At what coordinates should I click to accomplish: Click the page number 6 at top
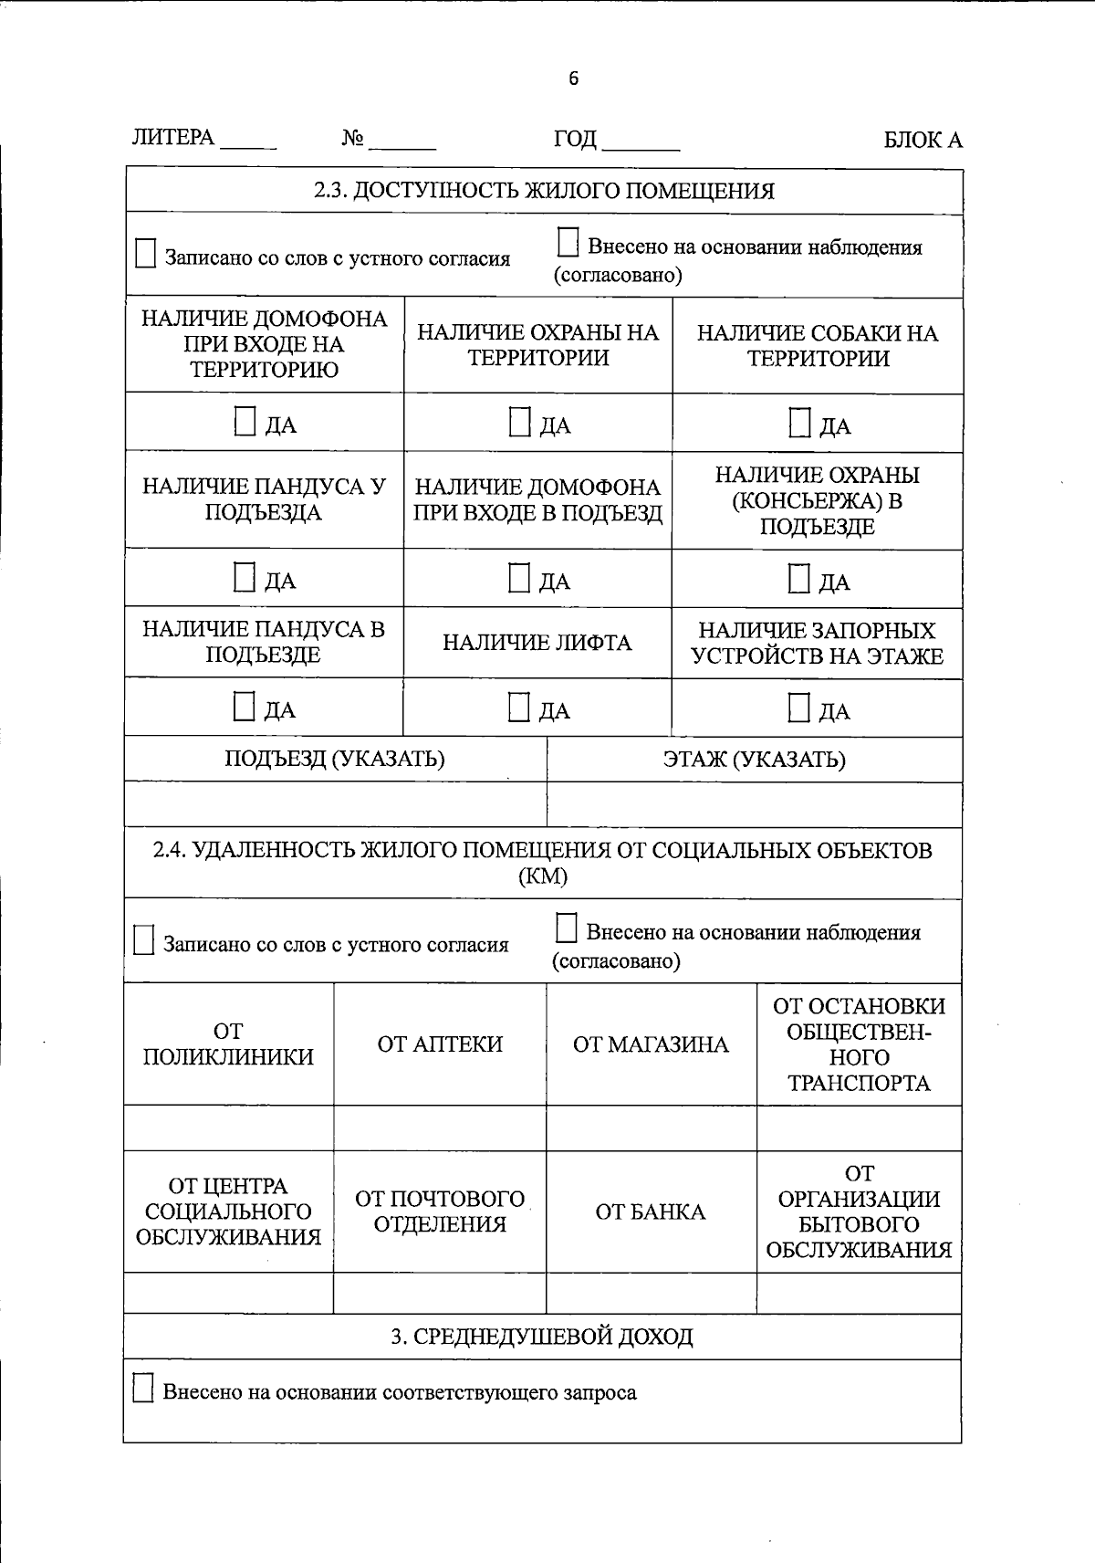tap(573, 79)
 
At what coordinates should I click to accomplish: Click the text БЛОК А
tap(923, 140)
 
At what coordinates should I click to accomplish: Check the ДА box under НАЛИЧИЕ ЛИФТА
tap(518, 708)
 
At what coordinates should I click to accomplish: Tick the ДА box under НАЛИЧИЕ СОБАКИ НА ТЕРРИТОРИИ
tap(799, 423)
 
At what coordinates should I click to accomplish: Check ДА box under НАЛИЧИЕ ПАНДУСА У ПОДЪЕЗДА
tap(244, 578)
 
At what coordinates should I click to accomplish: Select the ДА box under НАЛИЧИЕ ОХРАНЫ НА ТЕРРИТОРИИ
tap(519, 422)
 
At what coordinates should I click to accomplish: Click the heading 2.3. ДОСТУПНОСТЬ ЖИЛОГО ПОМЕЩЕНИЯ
tap(544, 191)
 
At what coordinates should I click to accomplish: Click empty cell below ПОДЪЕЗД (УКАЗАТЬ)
tap(335, 804)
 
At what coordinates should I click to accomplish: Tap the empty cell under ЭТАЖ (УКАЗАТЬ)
tap(754, 804)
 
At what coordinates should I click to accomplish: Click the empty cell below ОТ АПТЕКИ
tap(440, 1128)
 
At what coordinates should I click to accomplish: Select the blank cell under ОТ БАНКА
tap(651, 1293)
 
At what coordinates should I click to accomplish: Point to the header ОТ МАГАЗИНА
tap(651, 1044)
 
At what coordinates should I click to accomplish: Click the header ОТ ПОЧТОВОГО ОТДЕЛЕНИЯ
tap(440, 1212)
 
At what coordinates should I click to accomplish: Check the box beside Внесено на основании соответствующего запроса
tap(143, 1389)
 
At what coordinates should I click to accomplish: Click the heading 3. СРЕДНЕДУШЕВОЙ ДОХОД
tap(542, 1337)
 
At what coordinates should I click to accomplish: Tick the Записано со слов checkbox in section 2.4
tap(143, 940)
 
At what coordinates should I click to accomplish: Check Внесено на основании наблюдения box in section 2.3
tap(568, 243)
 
